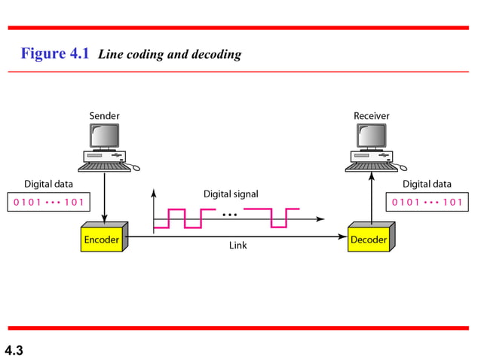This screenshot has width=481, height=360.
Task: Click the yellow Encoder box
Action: click(100, 240)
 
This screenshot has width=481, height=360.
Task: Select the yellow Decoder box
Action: click(368, 240)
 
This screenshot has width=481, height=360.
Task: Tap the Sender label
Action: click(104, 116)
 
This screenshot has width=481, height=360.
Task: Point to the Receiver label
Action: click(371, 116)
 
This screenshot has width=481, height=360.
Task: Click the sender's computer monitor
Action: click(104, 136)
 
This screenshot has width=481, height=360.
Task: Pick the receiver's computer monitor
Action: click(370, 136)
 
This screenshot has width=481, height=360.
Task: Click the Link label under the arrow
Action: click(237, 246)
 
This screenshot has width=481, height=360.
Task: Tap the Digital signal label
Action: click(231, 194)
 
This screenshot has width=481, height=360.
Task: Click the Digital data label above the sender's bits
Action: click(49, 183)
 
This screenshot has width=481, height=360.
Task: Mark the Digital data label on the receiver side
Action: click(427, 183)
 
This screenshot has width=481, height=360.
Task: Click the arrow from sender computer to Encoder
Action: click(104, 196)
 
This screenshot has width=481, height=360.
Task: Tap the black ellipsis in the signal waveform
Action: click(231, 215)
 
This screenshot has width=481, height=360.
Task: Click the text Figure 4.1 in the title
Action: click(55, 53)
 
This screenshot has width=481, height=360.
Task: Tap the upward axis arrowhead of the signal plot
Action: click(154, 192)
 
